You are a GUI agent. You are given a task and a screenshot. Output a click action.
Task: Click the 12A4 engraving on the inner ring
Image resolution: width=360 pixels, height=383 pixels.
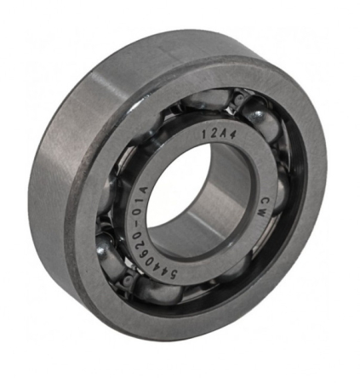tap(216, 134)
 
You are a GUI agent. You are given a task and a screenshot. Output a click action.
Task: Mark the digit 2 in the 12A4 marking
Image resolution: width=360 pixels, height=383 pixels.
tap(212, 133)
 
